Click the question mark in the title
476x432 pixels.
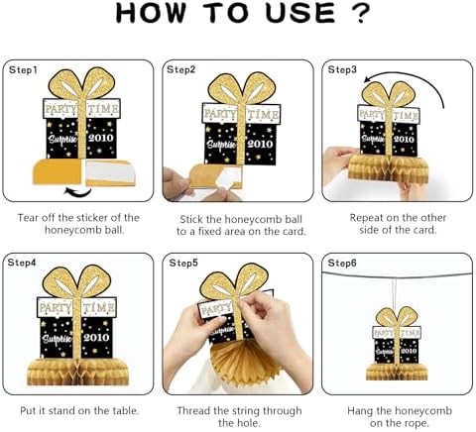[x=360, y=13]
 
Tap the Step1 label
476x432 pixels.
[x=23, y=70]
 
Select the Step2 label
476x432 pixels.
[x=181, y=69]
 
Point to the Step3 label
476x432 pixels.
[x=342, y=69]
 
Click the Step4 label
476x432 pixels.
[x=22, y=263]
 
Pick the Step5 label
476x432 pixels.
[x=183, y=263]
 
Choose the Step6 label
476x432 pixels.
[x=342, y=263]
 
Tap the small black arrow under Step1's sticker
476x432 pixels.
[x=78, y=192]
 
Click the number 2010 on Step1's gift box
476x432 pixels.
[x=101, y=138]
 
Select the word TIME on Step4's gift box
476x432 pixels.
[x=99, y=308]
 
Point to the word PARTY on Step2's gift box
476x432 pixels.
[x=220, y=115]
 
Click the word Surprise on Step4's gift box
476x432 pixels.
[x=58, y=339]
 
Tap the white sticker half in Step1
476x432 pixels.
[x=110, y=171]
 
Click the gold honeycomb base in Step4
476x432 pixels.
[x=77, y=372]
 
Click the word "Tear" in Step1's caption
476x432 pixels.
[x=29, y=218]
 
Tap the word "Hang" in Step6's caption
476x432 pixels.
[x=360, y=411]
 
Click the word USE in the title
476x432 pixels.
[x=300, y=13]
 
